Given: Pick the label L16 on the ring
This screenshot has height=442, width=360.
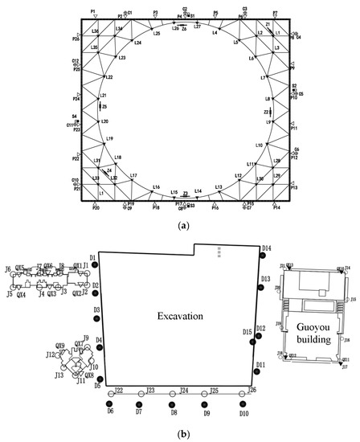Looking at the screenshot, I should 155,186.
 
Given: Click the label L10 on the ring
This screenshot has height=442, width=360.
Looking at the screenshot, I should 260,145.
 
